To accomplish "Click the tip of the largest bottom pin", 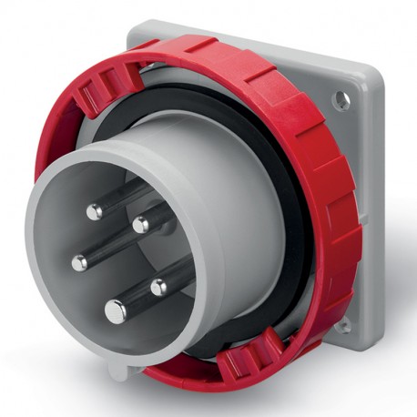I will click(117, 310).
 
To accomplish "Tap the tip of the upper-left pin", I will click(94, 211).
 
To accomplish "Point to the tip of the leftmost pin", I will click(80, 262).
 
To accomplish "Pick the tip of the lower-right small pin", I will click(158, 288).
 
